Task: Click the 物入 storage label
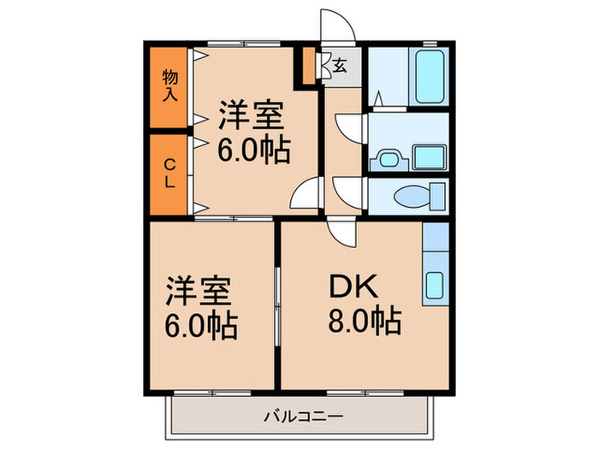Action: click(x=170, y=86)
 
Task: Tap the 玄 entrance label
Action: click(x=340, y=64)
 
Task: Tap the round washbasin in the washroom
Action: click(x=387, y=159)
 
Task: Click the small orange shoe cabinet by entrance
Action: click(x=306, y=66)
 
